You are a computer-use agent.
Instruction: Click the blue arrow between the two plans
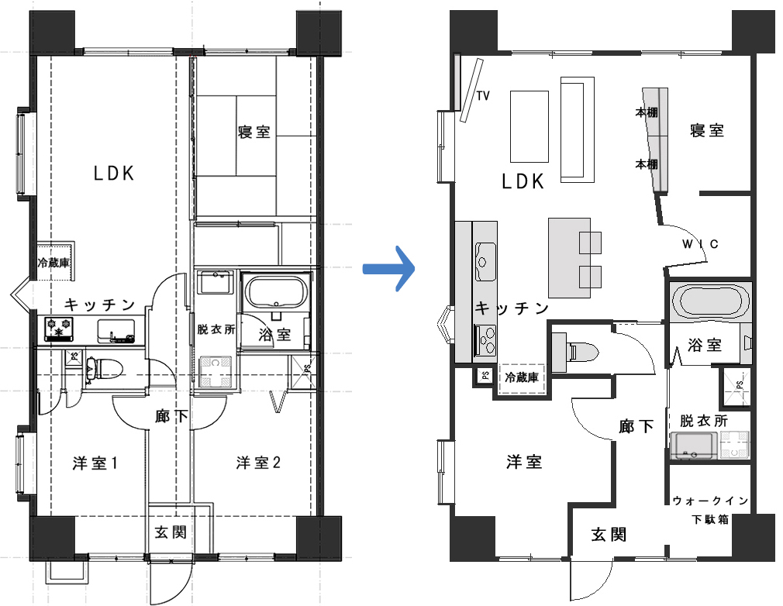(x=389, y=269)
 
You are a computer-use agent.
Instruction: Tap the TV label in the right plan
(x=483, y=95)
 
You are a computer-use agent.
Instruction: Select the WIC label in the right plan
(x=701, y=244)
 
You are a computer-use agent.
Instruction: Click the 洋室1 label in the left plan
(x=95, y=463)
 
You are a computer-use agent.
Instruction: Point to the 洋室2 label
(x=258, y=463)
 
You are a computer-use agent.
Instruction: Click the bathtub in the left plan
(x=276, y=292)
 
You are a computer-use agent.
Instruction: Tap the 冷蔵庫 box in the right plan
(x=522, y=378)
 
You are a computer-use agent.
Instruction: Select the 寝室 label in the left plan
(x=254, y=133)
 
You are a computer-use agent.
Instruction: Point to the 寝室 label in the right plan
(x=707, y=131)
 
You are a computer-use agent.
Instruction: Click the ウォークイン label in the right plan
(x=711, y=500)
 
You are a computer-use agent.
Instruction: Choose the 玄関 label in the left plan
(x=171, y=532)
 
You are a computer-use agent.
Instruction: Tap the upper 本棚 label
(x=647, y=113)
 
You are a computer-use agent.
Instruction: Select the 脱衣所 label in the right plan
(x=704, y=421)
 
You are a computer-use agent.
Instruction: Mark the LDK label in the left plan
(x=115, y=174)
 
